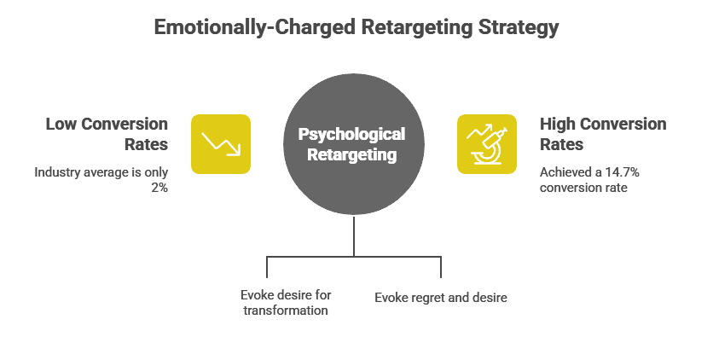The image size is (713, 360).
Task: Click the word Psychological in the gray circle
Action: pyautogui.click(x=351, y=135)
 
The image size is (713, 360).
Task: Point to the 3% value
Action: pyautogui.click(x=159, y=188)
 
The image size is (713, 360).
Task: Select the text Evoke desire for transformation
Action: pyautogui.click(x=285, y=303)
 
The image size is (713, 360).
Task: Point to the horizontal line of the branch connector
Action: pyautogui.click(x=354, y=255)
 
